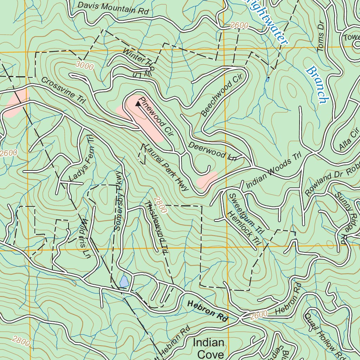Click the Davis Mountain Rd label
click(113, 8)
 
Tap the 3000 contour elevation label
click(84, 65)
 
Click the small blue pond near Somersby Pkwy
click(124, 281)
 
